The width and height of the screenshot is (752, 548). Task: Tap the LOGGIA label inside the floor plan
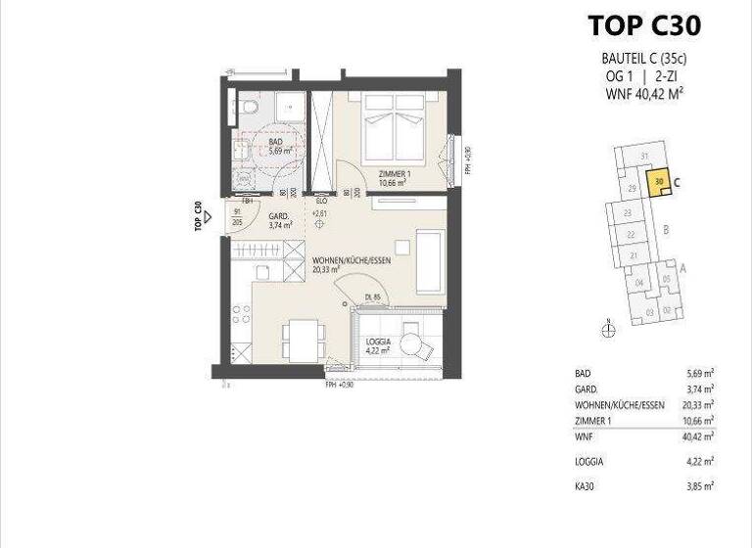point(378,343)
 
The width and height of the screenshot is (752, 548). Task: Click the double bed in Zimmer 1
point(394,128)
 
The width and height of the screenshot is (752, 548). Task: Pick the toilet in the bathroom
point(248,107)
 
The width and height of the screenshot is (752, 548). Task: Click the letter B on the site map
point(666,231)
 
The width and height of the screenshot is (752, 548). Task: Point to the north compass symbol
point(608,330)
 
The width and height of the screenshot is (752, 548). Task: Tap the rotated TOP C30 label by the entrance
point(199,214)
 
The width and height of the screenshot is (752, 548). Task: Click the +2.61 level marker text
point(319,211)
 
